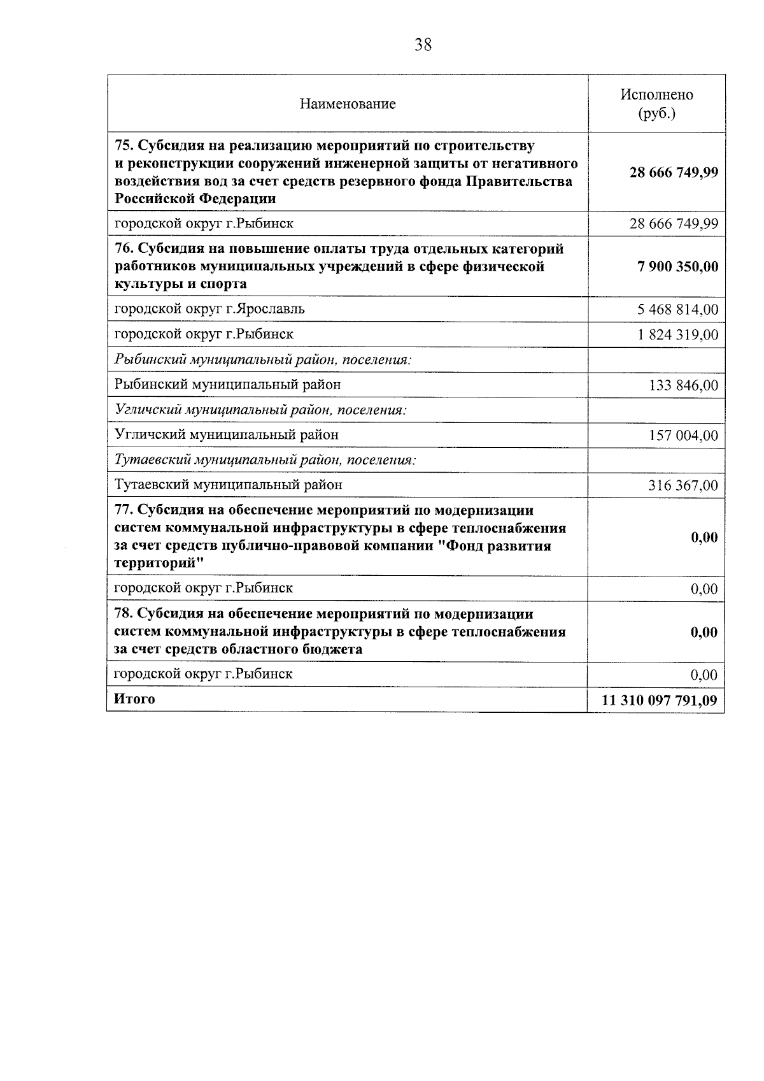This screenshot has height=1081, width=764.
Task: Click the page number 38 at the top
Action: (423, 45)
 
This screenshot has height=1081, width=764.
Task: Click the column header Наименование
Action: (348, 104)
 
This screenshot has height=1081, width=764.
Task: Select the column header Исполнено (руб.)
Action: (656, 104)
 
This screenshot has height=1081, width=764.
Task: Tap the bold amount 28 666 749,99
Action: (674, 173)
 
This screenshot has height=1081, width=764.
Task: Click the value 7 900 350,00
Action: (677, 266)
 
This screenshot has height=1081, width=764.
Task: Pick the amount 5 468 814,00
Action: (677, 310)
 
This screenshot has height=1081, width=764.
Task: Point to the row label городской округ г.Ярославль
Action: (209, 309)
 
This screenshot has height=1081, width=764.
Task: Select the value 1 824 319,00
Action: (678, 335)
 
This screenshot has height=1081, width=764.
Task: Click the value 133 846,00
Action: (683, 385)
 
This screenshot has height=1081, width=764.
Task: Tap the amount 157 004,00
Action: (683, 436)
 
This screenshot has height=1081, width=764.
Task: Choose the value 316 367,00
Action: (683, 486)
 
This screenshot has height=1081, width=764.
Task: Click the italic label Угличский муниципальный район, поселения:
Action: (260, 410)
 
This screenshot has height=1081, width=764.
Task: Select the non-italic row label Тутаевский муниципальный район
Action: (228, 485)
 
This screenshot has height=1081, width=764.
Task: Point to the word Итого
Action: (134, 699)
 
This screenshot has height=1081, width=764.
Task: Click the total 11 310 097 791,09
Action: (660, 701)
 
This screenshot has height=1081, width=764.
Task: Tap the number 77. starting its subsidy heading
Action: (125, 511)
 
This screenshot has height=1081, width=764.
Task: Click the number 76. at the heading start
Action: (125, 248)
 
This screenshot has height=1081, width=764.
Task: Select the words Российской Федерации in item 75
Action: (195, 199)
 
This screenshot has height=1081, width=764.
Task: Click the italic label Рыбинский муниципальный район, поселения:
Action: (263, 359)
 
